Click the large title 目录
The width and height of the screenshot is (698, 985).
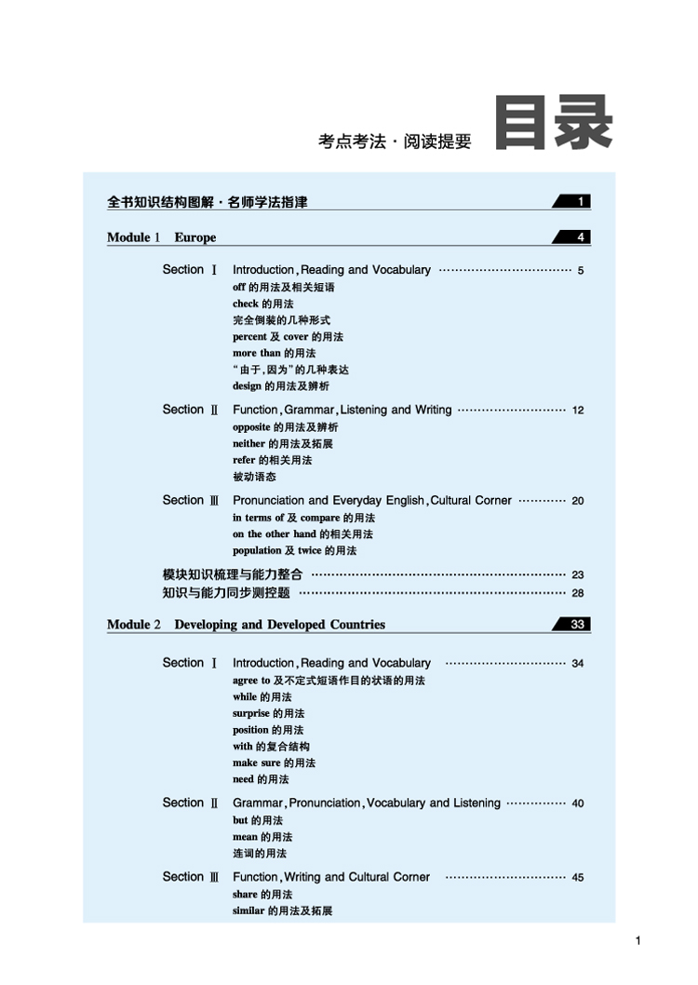(554, 123)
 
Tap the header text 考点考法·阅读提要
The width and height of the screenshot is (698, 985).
(395, 142)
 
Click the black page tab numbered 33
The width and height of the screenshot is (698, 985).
(574, 625)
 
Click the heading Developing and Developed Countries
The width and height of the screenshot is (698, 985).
(279, 625)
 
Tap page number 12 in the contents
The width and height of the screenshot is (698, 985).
(578, 411)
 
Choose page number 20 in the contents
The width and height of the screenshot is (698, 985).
(578, 501)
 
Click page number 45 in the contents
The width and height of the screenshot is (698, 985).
(578, 878)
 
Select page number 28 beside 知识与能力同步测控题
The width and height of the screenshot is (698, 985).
(578, 593)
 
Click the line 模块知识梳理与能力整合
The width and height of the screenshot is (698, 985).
(233, 574)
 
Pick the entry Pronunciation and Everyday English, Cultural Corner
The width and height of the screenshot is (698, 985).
(371, 501)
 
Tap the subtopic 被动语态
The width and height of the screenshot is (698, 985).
(254, 477)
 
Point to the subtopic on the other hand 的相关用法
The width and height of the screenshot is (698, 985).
(302, 534)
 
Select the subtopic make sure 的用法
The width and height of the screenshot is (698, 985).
(274, 762)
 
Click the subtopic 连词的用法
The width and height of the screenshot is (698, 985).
(260, 853)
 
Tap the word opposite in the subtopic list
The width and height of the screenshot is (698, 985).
(251, 427)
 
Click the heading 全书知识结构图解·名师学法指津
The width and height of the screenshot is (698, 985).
(208, 202)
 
